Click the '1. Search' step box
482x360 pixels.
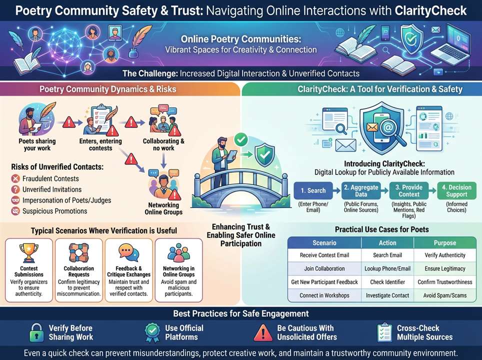click(313, 190)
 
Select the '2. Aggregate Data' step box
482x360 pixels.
click(361, 190)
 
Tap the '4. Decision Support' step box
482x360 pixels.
click(456, 190)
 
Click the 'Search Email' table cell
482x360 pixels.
click(387, 255)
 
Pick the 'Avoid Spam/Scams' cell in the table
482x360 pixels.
click(445, 295)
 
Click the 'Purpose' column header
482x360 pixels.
click(445, 243)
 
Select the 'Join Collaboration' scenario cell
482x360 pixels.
click(324, 268)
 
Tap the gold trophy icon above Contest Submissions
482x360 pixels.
click(29, 252)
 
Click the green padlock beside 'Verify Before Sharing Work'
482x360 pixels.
click(36, 332)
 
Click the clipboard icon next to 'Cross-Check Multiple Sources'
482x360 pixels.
click(384, 332)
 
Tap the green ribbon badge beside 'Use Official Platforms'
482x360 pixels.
click(152, 332)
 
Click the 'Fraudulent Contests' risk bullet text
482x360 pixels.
click(50, 178)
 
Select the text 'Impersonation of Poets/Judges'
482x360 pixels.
click(66, 200)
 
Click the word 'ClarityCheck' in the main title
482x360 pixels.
click(430, 11)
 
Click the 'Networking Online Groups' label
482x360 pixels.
click(163, 208)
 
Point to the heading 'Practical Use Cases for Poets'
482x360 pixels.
click(382, 229)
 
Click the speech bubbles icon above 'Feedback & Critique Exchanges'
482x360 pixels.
click(128, 252)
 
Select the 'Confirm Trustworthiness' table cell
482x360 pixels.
click(445, 282)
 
